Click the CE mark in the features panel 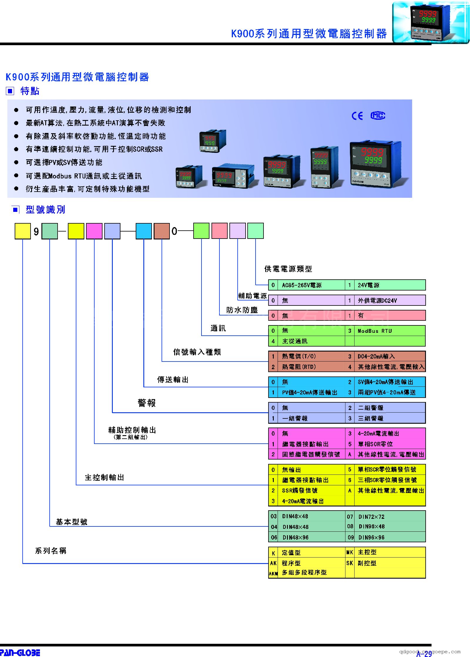(x=357, y=116)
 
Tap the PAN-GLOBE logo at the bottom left (x=20, y=652)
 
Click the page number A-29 (x=424, y=653)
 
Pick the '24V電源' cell (x=368, y=285)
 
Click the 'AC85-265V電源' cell (x=302, y=285)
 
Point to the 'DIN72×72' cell (x=371, y=516)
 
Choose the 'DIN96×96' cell (x=371, y=537)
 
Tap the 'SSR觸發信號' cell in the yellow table (x=300, y=490)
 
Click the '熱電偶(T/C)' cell (x=299, y=356)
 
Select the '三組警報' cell (x=370, y=418)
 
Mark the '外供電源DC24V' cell (x=377, y=300)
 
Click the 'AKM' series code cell (x=273, y=573)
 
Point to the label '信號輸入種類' (x=197, y=352)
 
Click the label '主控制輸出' (x=104, y=477)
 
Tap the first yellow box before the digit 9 (x=23, y=231)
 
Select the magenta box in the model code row (x=94, y=231)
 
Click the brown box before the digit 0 (x=162, y=231)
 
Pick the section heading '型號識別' (x=45, y=210)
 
